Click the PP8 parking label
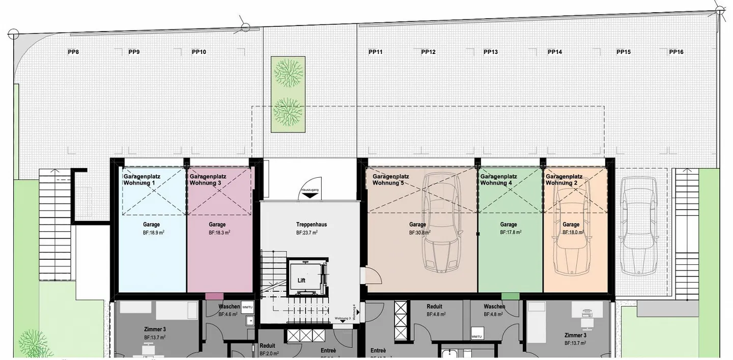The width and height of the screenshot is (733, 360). (73, 52)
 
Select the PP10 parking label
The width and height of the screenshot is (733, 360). (199, 52)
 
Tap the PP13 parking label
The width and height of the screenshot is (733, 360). (491, 52)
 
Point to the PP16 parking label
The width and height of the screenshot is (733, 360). (676, 52)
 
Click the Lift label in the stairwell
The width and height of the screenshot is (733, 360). (301, 281)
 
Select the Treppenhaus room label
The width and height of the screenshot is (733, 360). (311, 225)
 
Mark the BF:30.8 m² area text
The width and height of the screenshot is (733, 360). (419, 233)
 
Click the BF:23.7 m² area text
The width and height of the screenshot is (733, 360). (307, 233)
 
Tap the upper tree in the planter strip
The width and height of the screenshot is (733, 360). (288, 73)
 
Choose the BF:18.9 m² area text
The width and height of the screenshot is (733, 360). (153, 233)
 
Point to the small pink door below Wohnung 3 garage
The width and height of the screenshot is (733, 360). (214, 296)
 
